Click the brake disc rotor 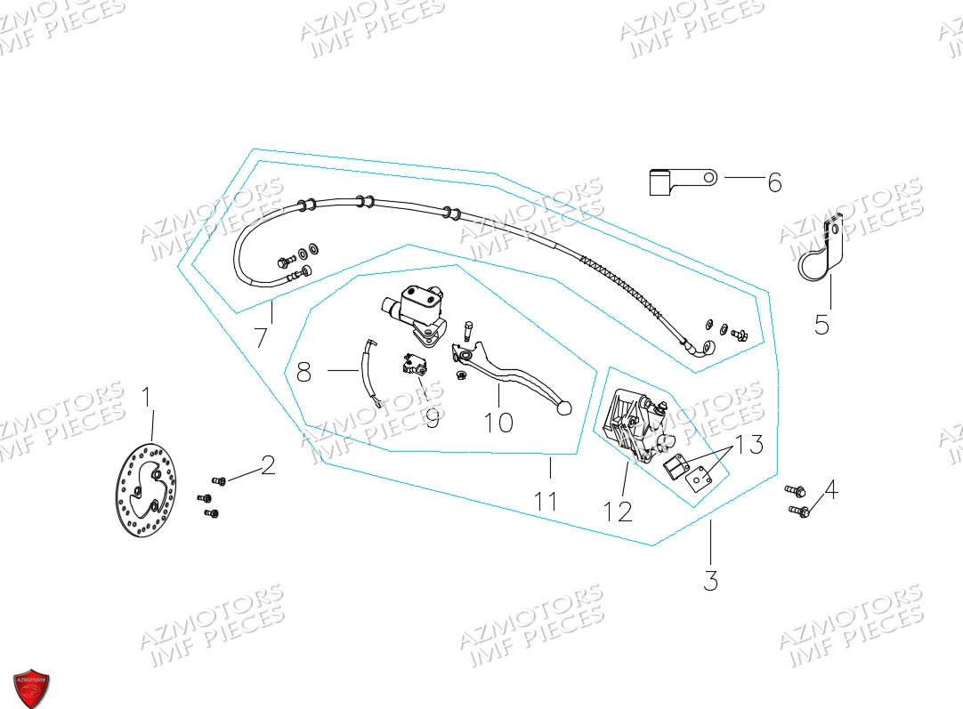pos(146,489)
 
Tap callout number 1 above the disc pos(146,397)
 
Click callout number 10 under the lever pos(498,423)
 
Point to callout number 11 pos(546,501)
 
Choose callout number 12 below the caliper pos(618,512)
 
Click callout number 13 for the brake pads pos(749,444)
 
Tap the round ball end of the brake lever pos(563,407)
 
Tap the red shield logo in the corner pos(31,689)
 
